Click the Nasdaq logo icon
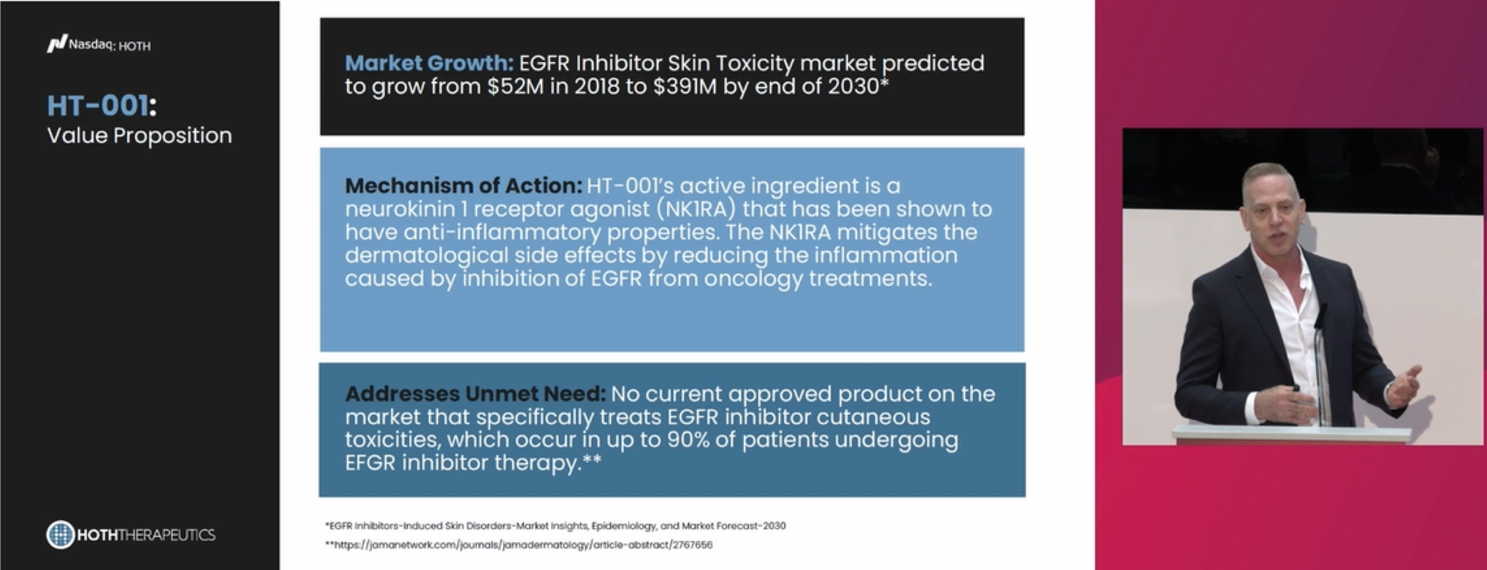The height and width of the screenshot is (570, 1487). point(57,44)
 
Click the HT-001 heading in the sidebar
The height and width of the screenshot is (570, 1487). point(102,106)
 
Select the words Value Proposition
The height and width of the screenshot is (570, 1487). point(140,135)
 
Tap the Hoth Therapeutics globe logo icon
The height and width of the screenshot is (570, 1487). point(61,534)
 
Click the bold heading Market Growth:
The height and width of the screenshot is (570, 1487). point(429,63)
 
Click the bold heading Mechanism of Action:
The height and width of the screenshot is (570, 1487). point(463,186)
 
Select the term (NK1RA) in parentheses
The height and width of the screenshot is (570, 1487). point(696,209)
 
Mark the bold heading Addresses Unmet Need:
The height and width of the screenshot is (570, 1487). point(475,394)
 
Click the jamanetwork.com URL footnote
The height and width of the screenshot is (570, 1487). point(519,544)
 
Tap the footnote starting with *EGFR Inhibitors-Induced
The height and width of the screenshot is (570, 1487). point(555,525)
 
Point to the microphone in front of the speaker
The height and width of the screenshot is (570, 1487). point(1320,365)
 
